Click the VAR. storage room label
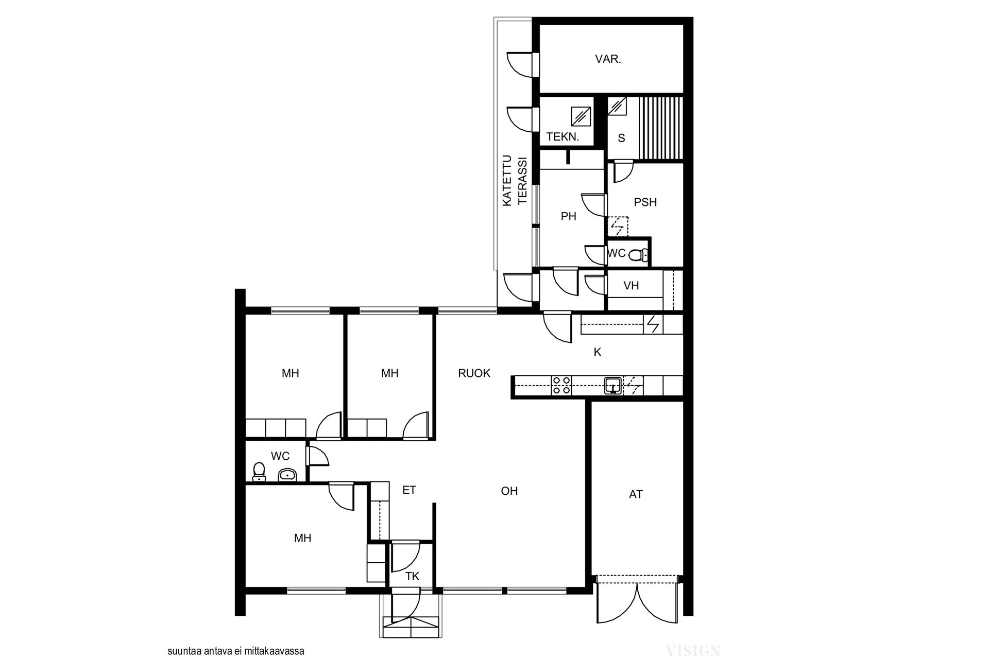click(x=608, y=59)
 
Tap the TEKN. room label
click(x=562, y=137)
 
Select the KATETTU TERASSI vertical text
click(x=515, y=180)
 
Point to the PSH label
click(x=645, y=202)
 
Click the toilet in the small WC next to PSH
click(x=639, y=254)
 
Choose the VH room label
click(x=631, y=286)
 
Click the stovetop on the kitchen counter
click(x=561, y=386)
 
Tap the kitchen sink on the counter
click(x=613, y=385)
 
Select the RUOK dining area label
click(x=474, y=373)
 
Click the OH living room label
click(x=509, y=491)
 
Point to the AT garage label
click(x=636, y=494)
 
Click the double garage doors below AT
click(x=637, y=600)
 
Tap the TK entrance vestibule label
click(x=412, y=577)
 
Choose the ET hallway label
click(x=409, y=490)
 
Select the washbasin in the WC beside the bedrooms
click(x=287, y=475)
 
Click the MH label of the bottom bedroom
click(x=302, y=538)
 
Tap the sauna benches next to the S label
click(x=661, y=128)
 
